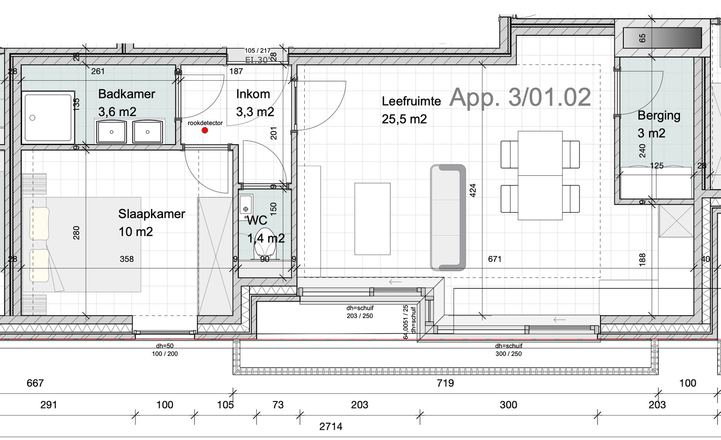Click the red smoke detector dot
(x=205, y=130)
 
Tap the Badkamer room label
(x=126, y=94)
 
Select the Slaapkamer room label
(x=151, y=214)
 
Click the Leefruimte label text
(x=411, y=101)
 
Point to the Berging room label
(x=659, y=116)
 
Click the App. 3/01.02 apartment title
(x=520, y=98)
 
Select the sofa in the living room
(x=448, y=217)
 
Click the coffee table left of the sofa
(x=372, y=219)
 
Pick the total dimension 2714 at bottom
(x=331, y=427)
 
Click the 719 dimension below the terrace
(x=445, y=383)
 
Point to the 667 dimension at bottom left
(x=35, y=383)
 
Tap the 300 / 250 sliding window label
(x=509, y=354)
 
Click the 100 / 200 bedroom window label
(x=165, y=354)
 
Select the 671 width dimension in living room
(x=495, y=259)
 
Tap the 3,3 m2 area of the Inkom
(x=255, y=112)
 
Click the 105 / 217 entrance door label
(x=257, y=50)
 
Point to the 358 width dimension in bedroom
(x=127, y=259)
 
